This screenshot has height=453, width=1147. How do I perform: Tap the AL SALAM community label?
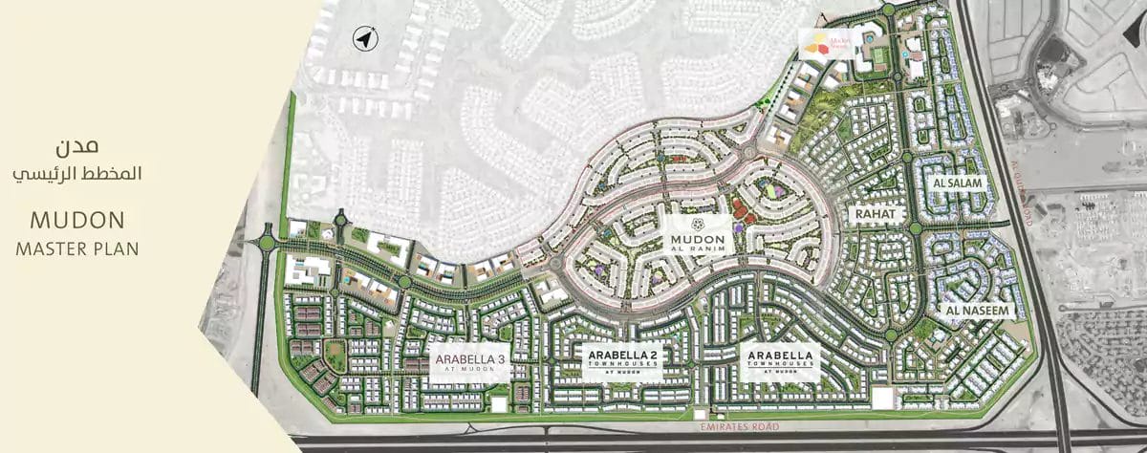coord(953,183)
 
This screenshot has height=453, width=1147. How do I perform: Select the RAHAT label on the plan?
coord(876,214)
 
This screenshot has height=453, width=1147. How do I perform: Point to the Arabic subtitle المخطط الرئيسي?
coord(78,175)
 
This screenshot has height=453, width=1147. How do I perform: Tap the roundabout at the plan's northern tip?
coord(889,10)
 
